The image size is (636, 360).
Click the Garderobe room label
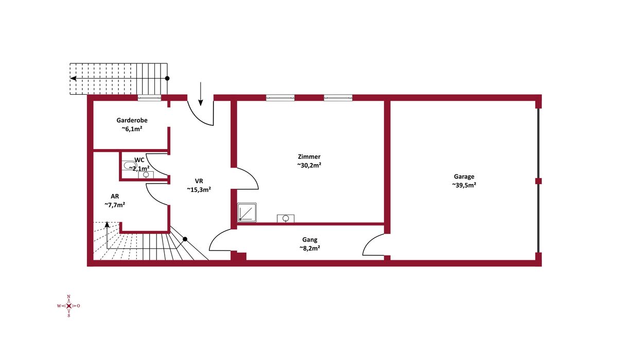pyautogui.click(x=132, y=120)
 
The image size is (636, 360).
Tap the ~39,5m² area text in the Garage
pyautogui.click(x=464, y=185)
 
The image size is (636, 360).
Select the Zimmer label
pyautogui.click(x=309, y=156)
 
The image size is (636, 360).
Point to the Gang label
pyautogui.click(x=310, y=240)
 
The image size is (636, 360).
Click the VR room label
pyautogui.click(x=199, y=181)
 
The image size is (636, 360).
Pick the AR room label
pyautogui.click(x=115, y=196)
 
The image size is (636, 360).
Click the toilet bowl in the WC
pyautogui.click(x=129, y=165)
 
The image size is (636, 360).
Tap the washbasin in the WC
pyautogui.click(x=146, y=175)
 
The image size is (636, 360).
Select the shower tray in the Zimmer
pyautogui.click(x=247, y=212)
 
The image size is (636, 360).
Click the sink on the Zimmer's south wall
pyautogui.click(x=286, y=218)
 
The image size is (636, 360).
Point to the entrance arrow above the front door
pyautogui.click(x=201, y=94)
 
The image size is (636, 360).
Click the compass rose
pyautogui.click(x=69, y=306)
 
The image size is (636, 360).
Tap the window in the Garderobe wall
pyautogui.click(x=149, y=98)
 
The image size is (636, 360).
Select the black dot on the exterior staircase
pyautogui.click(x=167, y=78)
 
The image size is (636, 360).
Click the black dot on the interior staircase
pyautogui.click(x=185, y=239)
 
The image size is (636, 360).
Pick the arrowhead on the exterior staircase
pyautogui.click(x=73, y=79)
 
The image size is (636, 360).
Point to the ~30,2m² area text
pyautogui.click(x=309, y=165)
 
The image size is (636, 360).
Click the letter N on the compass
pyautogui.click(x=69, y=296)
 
